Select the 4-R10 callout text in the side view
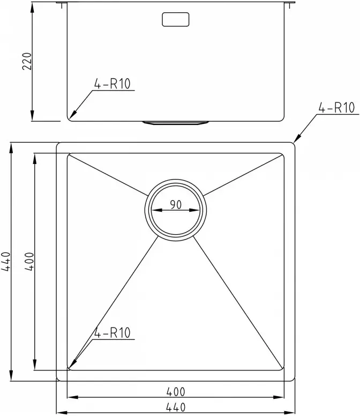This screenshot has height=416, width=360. [x=112, y=83]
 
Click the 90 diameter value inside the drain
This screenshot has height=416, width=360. [x=175, y=204]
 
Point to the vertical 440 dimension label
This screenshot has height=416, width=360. [x=6, y=262]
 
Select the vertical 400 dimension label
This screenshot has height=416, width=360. [x=29, y=262]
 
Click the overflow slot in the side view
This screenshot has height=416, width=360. [x=175, y=19]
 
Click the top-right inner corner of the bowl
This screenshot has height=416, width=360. [x=282, y=155]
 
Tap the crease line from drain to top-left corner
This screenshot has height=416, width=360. [x=107, y=174]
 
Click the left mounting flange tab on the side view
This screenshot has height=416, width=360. [x=62, y=5]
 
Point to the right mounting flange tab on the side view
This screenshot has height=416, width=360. [x=290, y=5]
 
